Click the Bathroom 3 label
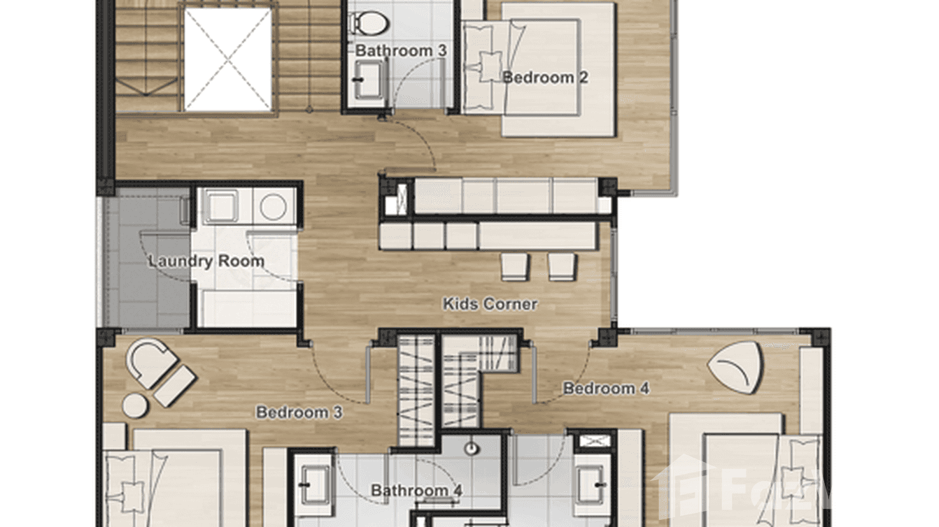coord(401,50)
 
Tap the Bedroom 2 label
coord(545,78)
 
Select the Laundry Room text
coord(206,261)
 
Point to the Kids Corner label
coord(490,304)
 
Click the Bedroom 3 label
coord(299,412)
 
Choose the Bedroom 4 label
coord(606,389)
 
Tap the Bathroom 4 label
coord(416,491)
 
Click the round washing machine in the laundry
coord(273,207)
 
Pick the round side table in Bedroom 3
coord(135,405)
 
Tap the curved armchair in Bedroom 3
coord(148,361)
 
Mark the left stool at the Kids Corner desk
coord(514,266)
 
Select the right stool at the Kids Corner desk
coord(561,266)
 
